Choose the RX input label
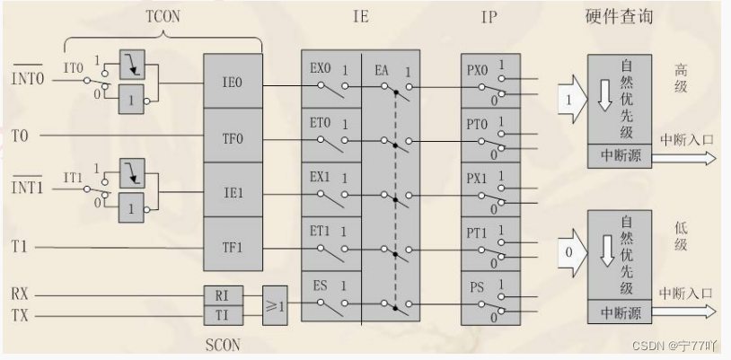[x=20, y=293]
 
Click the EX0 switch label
[x=321, y=67]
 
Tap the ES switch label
[x=320, y=285]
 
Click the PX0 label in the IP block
[x=477, y=68]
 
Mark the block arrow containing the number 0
[x=568, y=252]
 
